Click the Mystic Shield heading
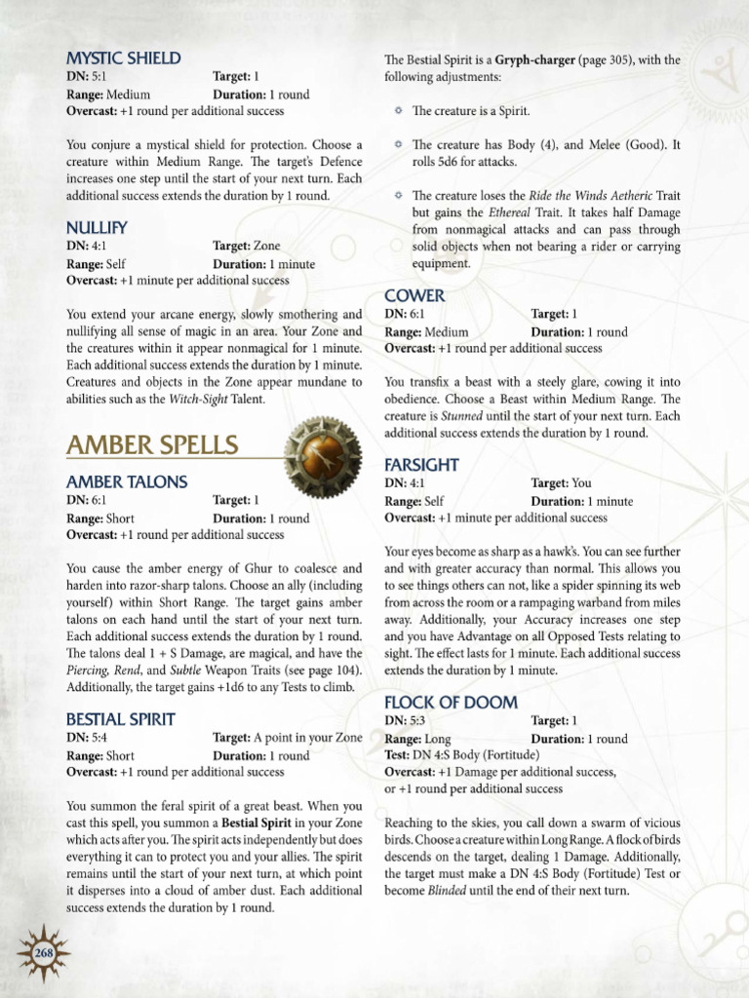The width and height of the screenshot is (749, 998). pyautogui.click(x=123, y=58)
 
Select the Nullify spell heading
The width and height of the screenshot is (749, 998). pyautogui.click(x=98, y=228)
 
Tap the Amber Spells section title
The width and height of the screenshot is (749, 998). pyautogui.click(x=152, y=445)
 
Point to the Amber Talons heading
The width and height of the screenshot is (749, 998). pyautogui.click(x=127, y=482)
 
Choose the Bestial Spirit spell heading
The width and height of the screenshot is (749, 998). pyautogui.click(x=121, y=719)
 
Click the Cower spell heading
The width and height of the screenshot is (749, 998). pyautogui.click(x=414, y=295)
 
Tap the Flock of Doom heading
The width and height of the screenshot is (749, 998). pyautogui.click(x=451, y=703)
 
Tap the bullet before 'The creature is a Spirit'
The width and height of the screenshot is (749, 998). pyautogui.click(x=399, y=111)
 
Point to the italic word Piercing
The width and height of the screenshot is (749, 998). pyautogui.click(x=89, y=671)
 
